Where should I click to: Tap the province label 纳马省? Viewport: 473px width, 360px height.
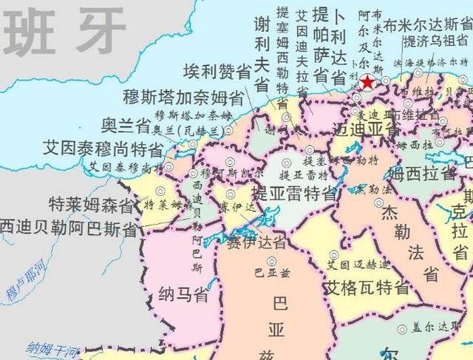click(x=183, y=295)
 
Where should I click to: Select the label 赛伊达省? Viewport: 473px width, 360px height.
click(x=256, y=242)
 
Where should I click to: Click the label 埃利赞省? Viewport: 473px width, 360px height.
click(x=217, y=72)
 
